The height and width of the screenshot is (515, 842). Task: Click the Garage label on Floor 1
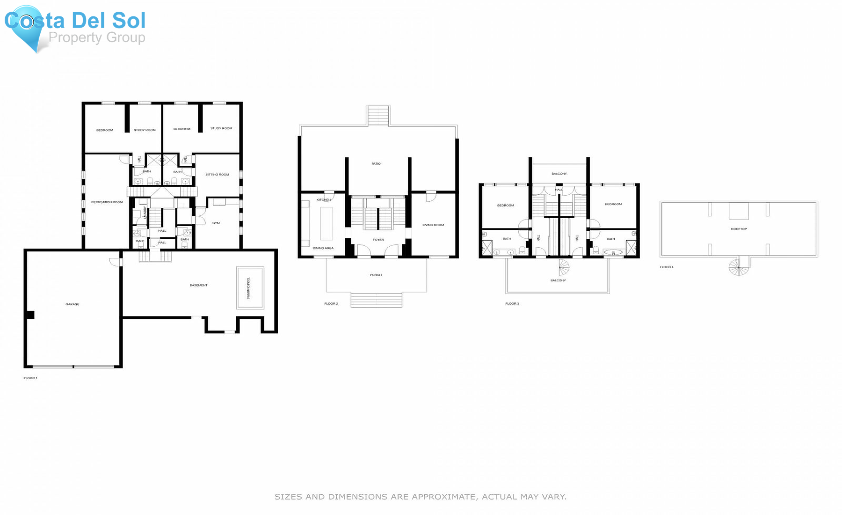pyautogui.click(x=73, y=304)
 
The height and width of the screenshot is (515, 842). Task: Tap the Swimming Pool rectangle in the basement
pyautogui.click(x=250, y=288)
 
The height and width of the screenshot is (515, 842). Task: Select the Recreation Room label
pyautogui.click(x=107, y=202)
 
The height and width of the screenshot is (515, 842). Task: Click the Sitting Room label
pyautogui.click(x=218, y=175)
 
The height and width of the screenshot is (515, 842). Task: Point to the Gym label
pyautogui.click(x=216, y=223)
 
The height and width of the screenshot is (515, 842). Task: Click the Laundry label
pyautogui.click(x=145, y=213)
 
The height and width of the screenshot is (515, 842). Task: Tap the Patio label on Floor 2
pyautogui.click(x=376, y=164)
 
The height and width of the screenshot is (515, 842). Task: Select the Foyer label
pyautogui.click(x=378, y=240)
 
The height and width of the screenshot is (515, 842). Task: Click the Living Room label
pyautogui.click(x=433, y=225)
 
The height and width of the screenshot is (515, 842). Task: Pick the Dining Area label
pyautogui.click(x=323, y=248)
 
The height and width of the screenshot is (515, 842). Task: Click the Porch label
pyautogui.click(x=376, y=275)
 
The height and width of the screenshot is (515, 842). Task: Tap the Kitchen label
pyautogui.click(x=324, y=200)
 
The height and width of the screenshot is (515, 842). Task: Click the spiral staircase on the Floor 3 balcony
pyautogui.click(x=564, y=268)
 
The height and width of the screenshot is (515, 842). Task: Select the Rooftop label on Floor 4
pyautogui.click(x=739, y=229)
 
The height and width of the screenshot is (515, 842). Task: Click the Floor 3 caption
pyautogui.click(x=512, y=304)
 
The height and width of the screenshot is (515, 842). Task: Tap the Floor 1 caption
pyautogui.click(x=30, y=378)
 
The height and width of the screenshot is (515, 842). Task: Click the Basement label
pyautogui.click(x=199, y=285)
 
